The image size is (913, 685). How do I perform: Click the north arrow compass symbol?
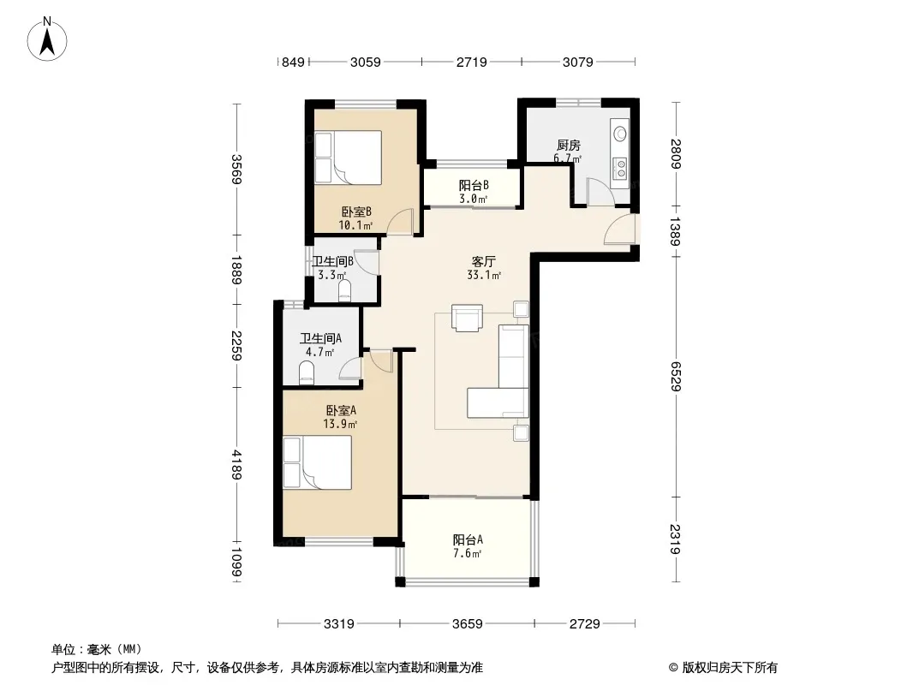coord(47,39)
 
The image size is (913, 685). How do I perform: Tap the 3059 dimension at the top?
coord(365,62)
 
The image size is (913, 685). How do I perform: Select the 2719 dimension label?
coord(472,62)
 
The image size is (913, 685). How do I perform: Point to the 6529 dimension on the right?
coord(675,376)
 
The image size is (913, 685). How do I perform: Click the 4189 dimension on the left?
coord(236,464)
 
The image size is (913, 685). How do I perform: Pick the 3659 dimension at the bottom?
coord(468,624)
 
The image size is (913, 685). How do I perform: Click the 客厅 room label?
coord(483,261)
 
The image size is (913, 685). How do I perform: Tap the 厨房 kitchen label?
coord(569,145)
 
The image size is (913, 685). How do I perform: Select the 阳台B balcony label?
coord(474,185)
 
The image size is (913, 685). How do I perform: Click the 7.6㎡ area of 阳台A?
coord(468,553)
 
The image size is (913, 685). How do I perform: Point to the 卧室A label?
coord(341,410)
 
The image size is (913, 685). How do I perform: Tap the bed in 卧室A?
coord(318,462)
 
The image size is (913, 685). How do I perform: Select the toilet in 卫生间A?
coord(307,372)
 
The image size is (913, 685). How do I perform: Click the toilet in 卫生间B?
coord(345,290)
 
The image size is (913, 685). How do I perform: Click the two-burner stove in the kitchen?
coord(621,169)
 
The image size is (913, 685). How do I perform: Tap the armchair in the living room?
coord(468,318)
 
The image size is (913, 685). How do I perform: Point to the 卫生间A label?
coord(320,338)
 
